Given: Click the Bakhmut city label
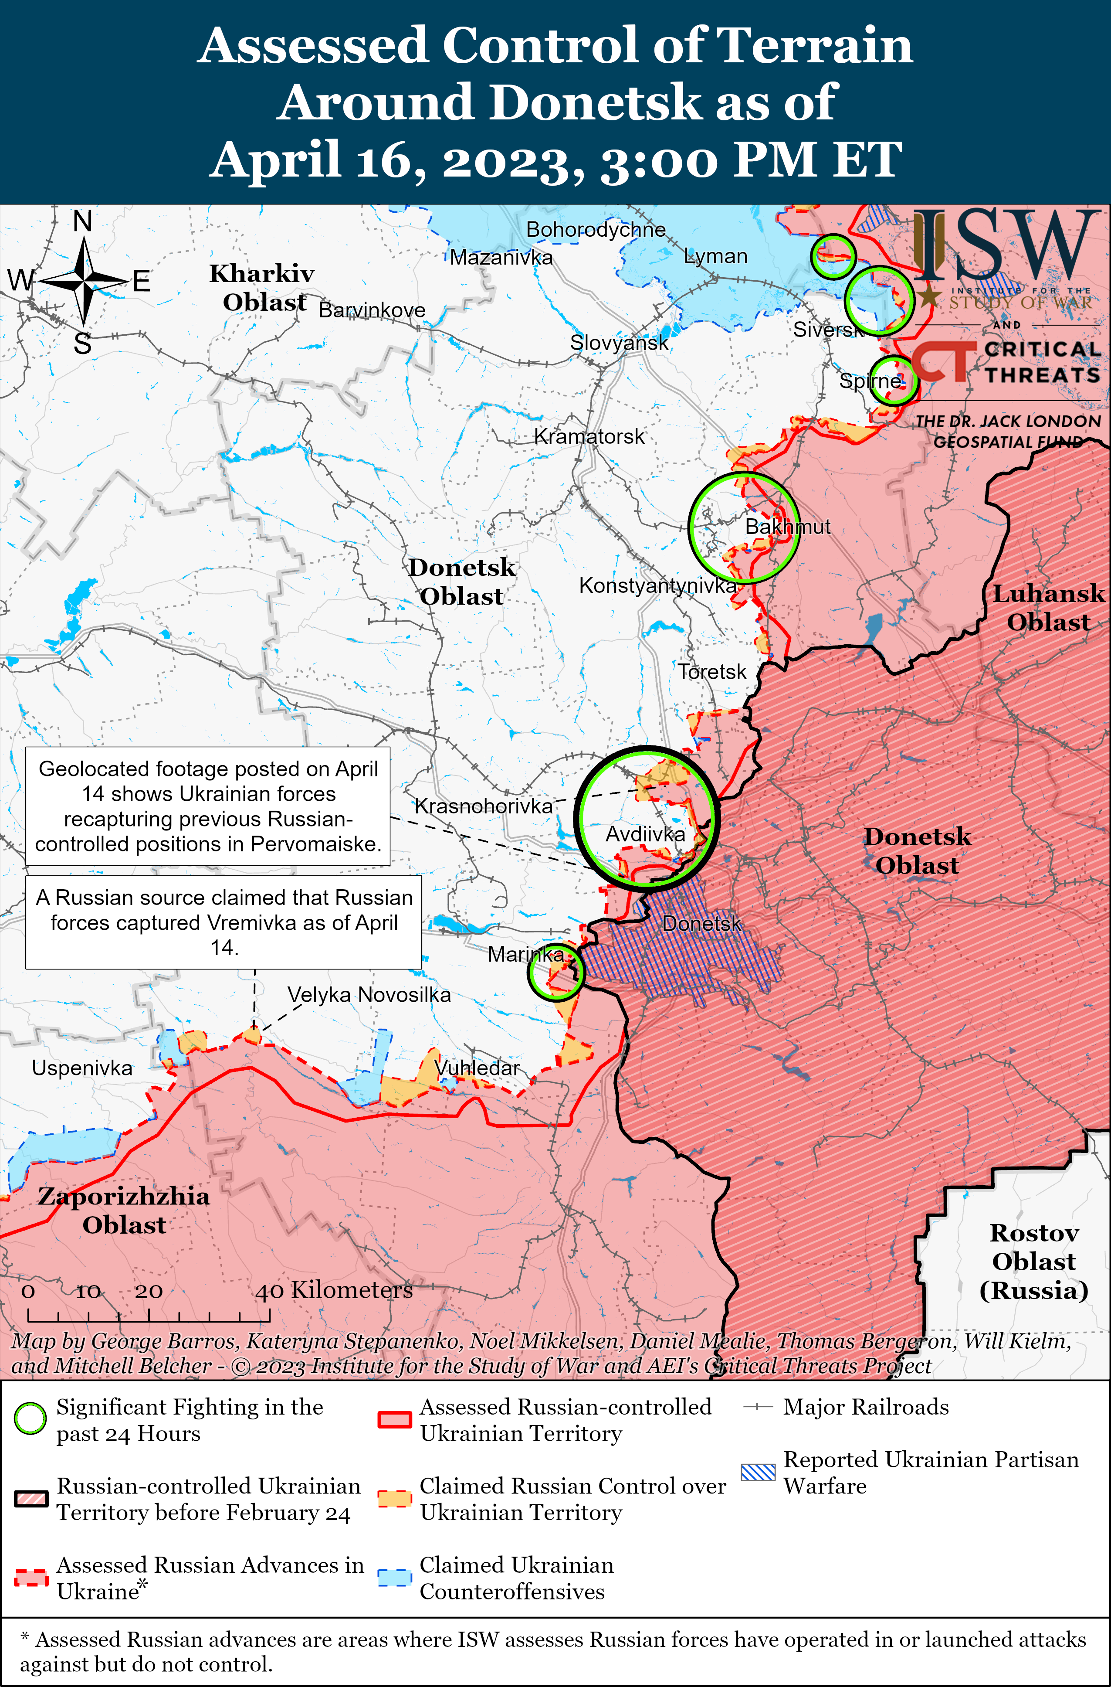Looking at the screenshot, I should click(x=787, y=527).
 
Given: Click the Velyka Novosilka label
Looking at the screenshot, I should click(x=369, y=994).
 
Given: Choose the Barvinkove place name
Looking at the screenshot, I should click(x=372, y=310).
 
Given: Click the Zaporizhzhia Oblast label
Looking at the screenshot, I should click(x=124, y=1210).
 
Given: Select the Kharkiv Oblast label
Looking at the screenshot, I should click(x=262, y=288).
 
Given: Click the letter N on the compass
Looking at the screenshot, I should click(x=83, y=222).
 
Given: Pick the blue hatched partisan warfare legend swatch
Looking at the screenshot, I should click(x=758, y=1472).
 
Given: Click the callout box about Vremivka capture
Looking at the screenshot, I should click(x=224, y=922).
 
